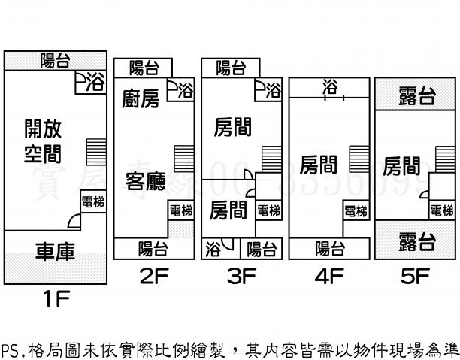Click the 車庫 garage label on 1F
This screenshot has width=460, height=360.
55,252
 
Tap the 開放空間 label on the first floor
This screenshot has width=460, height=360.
43,141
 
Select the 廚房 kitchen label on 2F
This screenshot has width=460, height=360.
141,99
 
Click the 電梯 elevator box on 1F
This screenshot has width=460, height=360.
93,202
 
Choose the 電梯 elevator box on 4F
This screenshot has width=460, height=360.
356,210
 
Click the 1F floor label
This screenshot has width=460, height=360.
56,301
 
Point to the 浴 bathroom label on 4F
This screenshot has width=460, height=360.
330,88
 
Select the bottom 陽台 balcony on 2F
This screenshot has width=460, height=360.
153,248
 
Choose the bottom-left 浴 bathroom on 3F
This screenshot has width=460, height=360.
214,247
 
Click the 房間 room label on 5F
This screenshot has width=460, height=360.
401,165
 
